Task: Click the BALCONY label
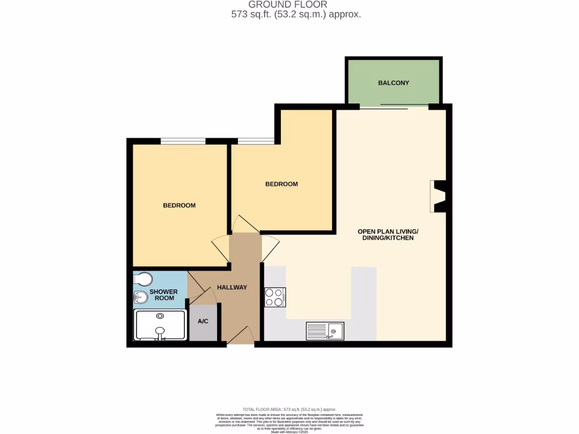(x=393, y=83)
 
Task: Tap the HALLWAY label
(x=232, y=288)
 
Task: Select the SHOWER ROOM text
(x=163, y=294)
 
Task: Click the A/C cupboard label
(x=203, y=321)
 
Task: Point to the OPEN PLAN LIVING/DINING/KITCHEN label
(x=388, y=235)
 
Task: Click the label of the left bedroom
(x=179, y=205)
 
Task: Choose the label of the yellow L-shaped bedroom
(x=282, y=184)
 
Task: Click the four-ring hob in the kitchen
(x=275, y=297)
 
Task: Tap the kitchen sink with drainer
(x=325, y=331)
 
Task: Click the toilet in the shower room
(x=143, y=280)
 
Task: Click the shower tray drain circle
(x=160, y=316)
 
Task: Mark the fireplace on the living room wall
(x=439, y=196)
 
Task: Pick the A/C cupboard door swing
(x=205, y=296)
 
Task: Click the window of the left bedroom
(x=183, y=141)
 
